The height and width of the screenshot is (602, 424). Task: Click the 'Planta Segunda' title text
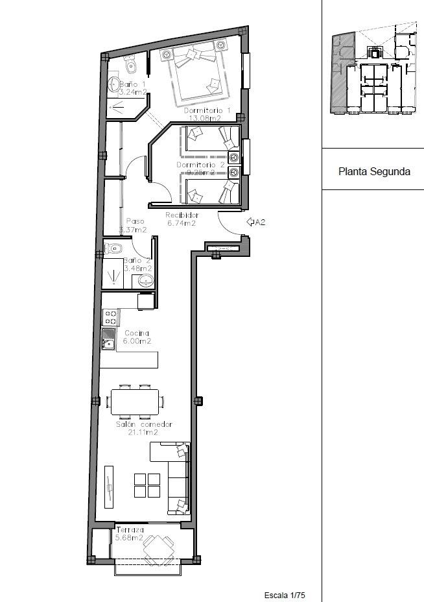374,172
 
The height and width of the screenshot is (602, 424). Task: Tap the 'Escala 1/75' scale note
284,595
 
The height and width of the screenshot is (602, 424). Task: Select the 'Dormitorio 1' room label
207,111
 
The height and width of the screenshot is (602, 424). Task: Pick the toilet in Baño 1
130,65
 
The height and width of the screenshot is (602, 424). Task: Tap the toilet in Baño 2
113,248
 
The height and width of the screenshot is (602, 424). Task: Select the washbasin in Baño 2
146,280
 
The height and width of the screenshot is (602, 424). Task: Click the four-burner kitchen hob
110,317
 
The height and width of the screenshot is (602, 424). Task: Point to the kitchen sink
108,338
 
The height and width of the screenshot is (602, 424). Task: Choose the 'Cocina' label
136,333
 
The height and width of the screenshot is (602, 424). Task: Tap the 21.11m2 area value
137,432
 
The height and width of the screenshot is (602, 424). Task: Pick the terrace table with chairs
158,549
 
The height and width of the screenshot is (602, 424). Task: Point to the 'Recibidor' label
182,215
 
